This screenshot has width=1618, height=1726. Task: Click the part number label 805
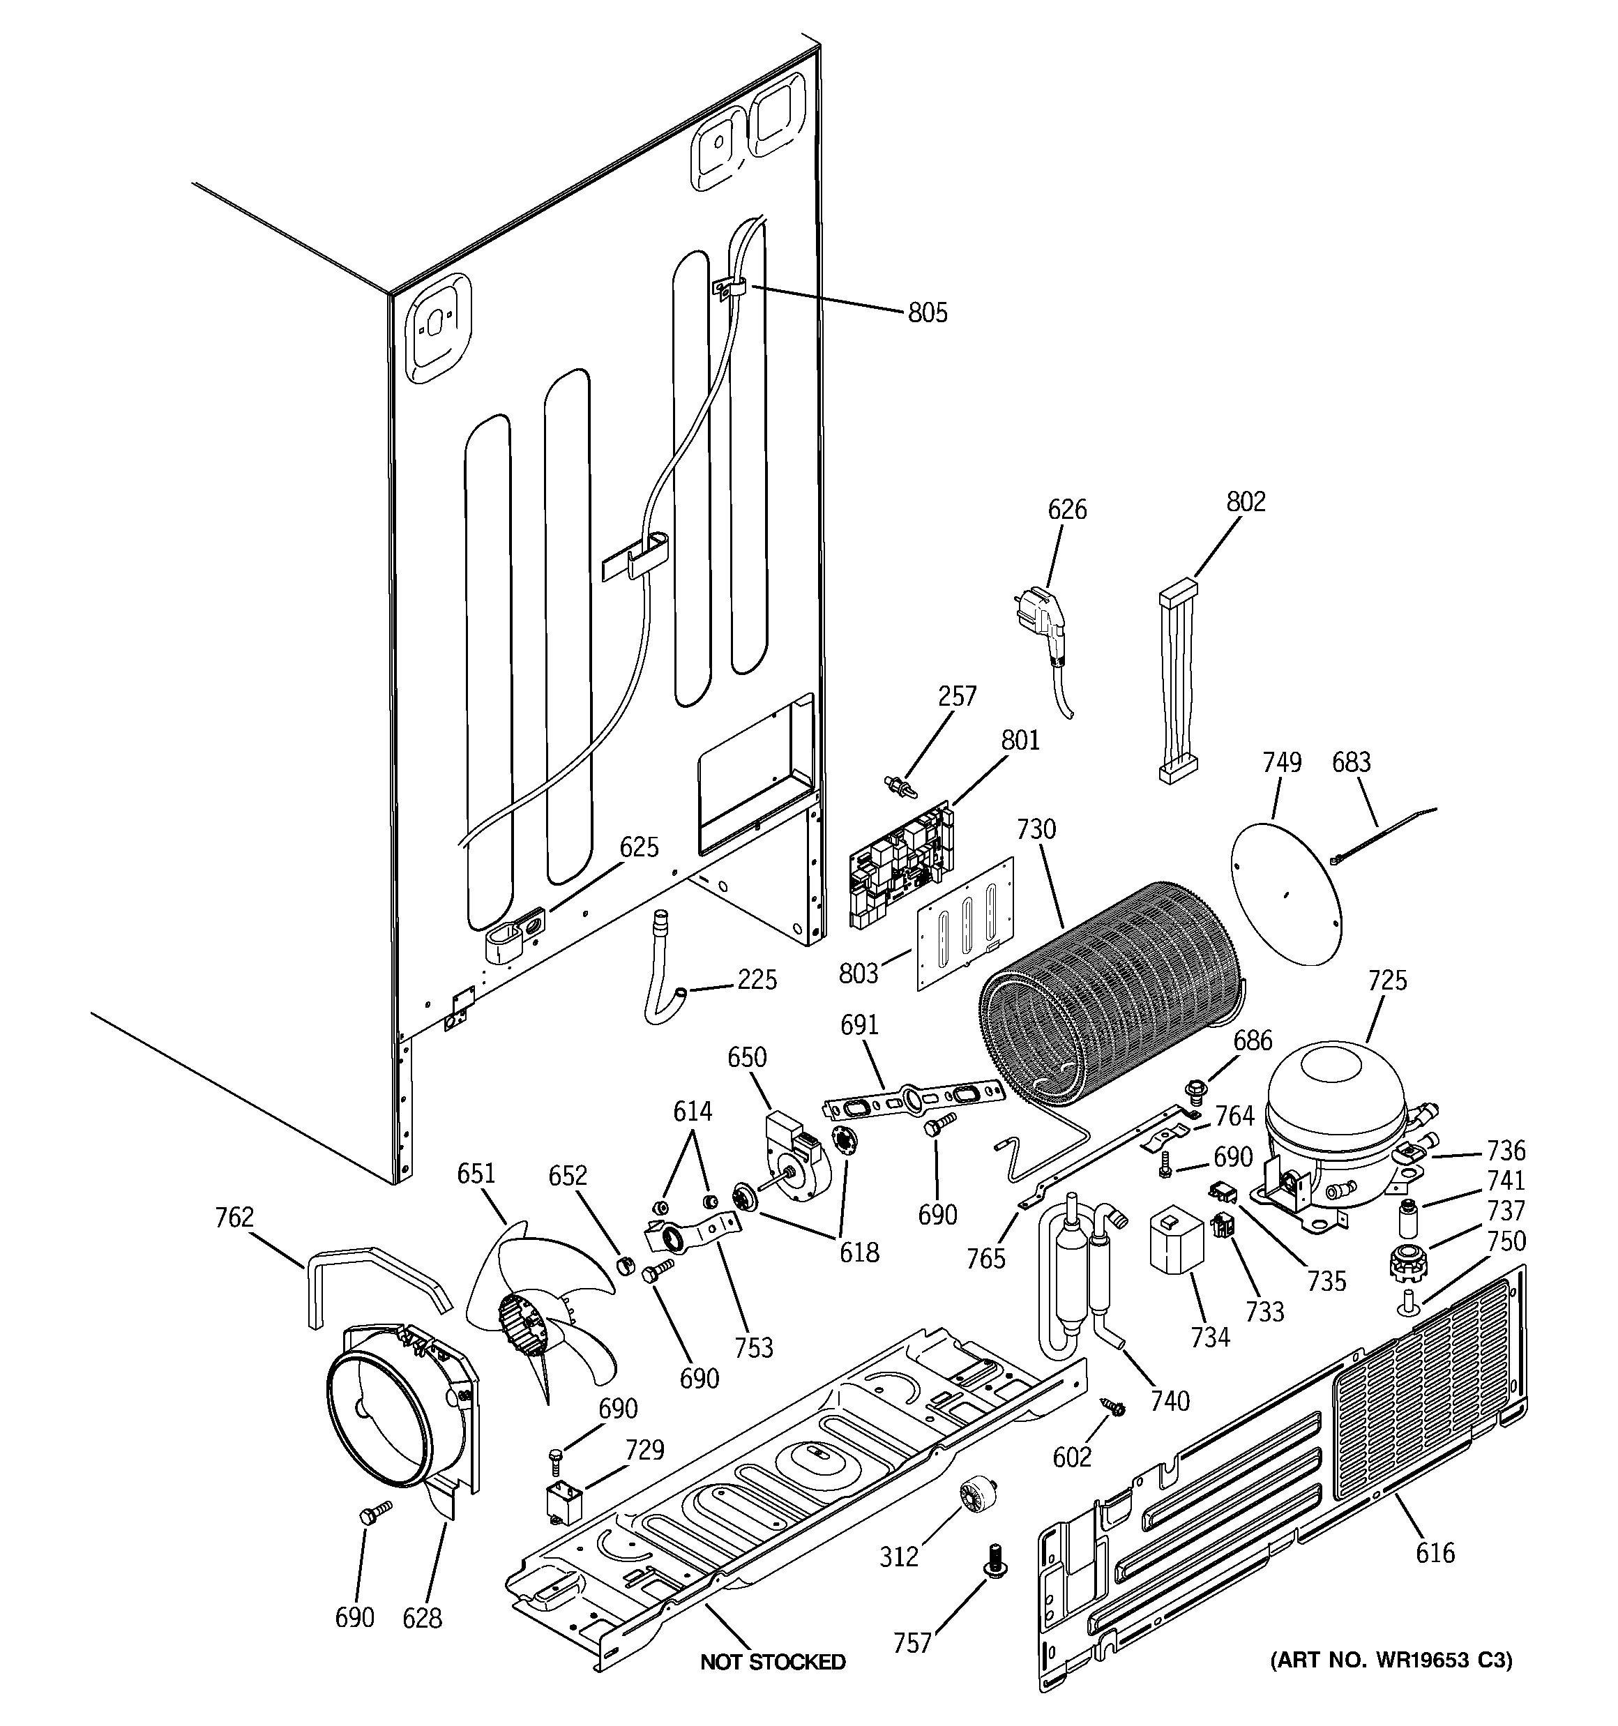pos(928,312)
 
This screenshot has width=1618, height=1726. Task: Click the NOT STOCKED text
pos(772,1662)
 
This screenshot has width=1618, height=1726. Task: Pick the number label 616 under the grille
pos(1435,1552)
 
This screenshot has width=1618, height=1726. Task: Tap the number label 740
pos(1169,1400)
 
